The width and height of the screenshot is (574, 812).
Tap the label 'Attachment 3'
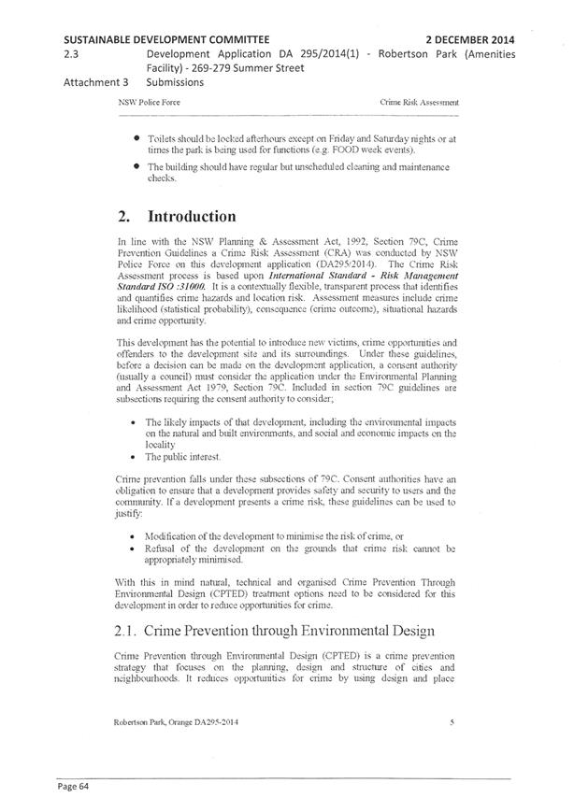click(x=96, y=82)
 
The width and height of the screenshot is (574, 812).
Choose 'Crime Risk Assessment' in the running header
click(x=419, y=101)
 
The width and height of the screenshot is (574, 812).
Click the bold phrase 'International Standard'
click(x=326, y=276)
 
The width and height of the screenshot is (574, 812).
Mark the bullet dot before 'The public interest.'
click(x=138, y=458)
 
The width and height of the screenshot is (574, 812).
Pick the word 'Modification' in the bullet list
click(x=173, y=536)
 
